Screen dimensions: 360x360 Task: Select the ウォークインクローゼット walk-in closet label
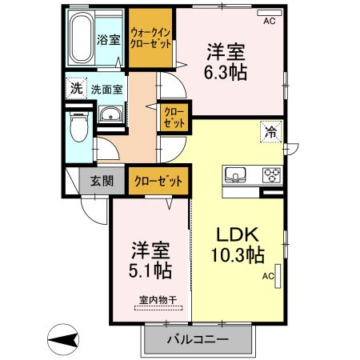[151, 38]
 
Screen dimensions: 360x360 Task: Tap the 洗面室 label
[106, 90]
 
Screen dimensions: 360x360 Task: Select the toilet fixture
[79, 128]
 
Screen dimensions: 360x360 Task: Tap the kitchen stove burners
[271, 174]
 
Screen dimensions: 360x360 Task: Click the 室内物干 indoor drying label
[152, 301]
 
